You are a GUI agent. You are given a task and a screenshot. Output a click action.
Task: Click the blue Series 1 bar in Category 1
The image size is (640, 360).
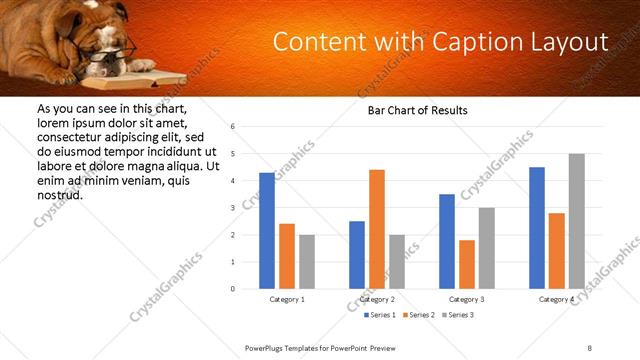[x=266, y=231]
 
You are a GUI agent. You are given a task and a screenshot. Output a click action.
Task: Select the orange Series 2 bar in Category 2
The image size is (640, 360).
[x=376, y=229]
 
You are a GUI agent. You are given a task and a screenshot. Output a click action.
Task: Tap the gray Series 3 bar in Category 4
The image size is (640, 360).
[x=576, y=221]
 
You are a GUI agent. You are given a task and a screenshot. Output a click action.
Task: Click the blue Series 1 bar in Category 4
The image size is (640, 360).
[x=536, y=228]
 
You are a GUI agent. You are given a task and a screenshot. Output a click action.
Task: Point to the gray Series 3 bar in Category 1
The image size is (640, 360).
[x=306, y=262]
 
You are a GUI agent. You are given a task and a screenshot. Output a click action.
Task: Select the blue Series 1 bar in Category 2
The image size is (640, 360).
[x=357, y=255]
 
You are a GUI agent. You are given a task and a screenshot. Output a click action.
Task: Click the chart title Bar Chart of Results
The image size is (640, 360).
[x=411, y=110]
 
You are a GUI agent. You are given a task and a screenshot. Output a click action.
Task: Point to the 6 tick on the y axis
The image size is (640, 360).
[x=232, y=127]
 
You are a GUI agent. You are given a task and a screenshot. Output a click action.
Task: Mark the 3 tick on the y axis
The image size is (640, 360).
[x=232, y=208]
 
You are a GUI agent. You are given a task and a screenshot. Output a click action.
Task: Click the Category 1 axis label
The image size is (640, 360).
[x=287, y=299]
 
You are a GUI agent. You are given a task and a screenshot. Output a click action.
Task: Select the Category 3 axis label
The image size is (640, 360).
[x=467, y=299]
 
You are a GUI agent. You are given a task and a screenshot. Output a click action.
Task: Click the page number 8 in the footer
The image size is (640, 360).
[x=590, y=348]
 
